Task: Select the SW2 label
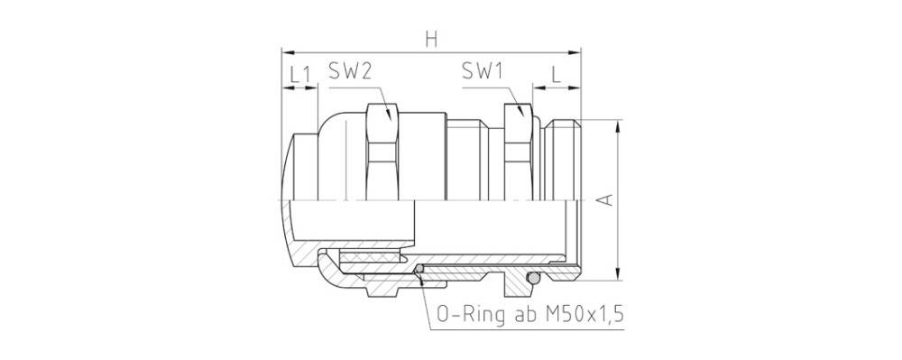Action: pyautogui.click(x=351, y=73)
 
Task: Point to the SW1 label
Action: pyautogui.click(x=482, y=73)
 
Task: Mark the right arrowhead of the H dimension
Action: pyautogui.click(x=576, y=51)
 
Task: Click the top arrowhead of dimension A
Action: pyautogui.click(x=618, y=125)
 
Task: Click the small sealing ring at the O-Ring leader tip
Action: pyautogui.click(x=419, y=268)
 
